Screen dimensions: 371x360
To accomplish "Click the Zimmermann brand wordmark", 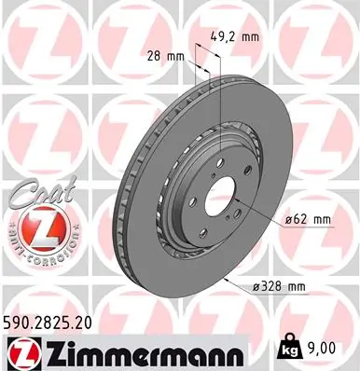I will coord(130,351).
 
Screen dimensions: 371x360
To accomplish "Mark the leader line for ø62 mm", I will coord(266,216).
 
